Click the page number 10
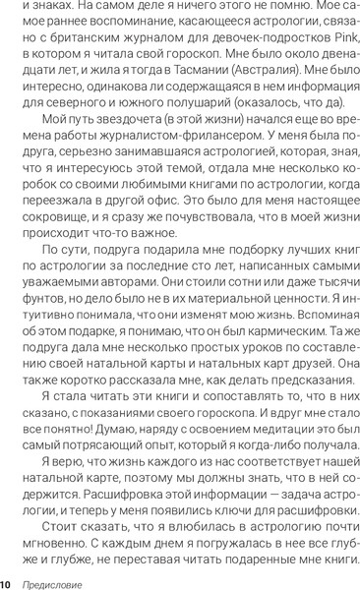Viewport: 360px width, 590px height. pos(7,583)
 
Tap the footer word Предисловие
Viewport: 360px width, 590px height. pos(55,583)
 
